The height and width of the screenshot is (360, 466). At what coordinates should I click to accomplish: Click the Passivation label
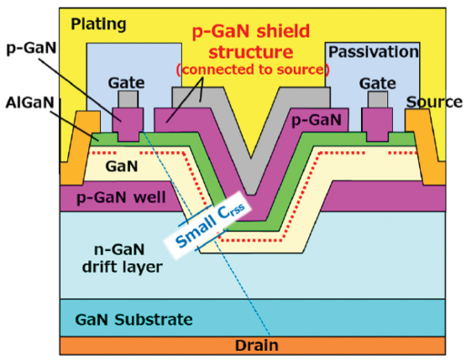373,52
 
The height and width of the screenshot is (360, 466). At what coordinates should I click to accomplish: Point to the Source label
434,102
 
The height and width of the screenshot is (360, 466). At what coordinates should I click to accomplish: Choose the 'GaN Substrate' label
134,319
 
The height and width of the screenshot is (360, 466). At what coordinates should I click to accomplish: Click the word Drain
259,345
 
